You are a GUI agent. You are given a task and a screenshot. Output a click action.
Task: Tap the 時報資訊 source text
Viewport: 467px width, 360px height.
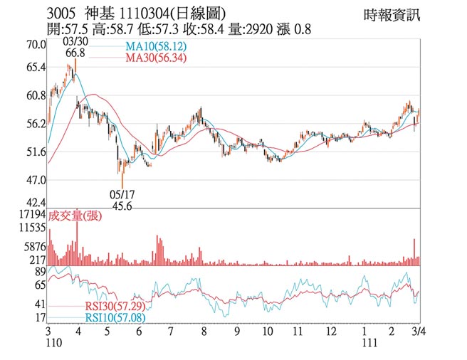click(x=392, y=14)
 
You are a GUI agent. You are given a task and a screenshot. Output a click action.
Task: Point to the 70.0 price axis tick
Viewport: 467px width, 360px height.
click(x=36, y=45)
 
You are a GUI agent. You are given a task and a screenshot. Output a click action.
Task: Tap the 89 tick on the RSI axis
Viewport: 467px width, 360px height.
click(x=40, y=272)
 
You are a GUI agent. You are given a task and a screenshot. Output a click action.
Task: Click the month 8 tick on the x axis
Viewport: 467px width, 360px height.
click(x=204, y=332)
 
